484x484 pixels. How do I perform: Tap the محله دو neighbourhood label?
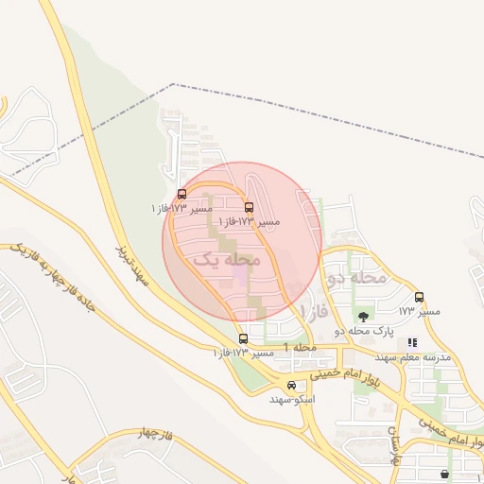tap(356, 278)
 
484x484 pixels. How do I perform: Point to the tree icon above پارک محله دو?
tap(364, 316)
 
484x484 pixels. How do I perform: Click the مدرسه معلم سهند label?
tap(414, 357)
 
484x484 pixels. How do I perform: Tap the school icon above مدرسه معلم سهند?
tap(411, 342)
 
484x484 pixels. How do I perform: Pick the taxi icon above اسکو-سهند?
tap(291, 385)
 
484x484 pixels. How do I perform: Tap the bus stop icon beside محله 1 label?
tap(243, 338)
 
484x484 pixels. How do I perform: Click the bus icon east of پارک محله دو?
tap(419, 297)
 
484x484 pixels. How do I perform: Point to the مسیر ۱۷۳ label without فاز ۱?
tap(419, 311)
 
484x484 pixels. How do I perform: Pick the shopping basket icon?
tap(445, 474)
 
